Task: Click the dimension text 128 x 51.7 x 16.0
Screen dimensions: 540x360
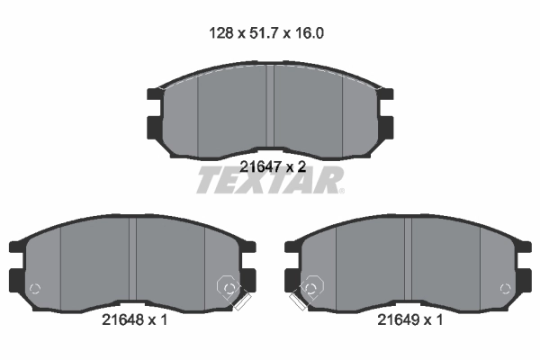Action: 266,33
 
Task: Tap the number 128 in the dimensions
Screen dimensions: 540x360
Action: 221,33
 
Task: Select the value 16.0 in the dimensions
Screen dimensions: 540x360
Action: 310,33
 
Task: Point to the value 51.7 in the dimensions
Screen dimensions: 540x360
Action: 264,33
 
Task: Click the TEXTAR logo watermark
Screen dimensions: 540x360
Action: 270,180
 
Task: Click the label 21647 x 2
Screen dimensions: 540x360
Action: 273,167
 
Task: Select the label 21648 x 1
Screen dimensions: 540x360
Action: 134,319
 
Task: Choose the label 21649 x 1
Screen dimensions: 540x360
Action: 409,319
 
